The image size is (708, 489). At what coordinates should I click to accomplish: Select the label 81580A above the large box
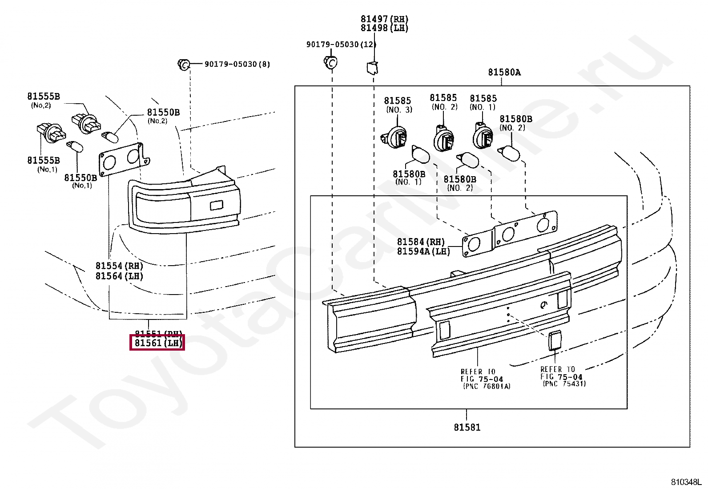point(504,72)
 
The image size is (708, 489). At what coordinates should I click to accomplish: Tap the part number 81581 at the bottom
point(467,427)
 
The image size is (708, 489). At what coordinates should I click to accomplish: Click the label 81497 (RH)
point(384,19)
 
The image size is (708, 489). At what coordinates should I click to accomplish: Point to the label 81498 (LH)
point(384,28)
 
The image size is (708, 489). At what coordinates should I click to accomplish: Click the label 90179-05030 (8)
point(237,64)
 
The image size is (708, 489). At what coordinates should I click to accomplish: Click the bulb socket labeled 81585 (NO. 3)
point(394,135)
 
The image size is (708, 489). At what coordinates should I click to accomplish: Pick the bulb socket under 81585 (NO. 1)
point(483,135)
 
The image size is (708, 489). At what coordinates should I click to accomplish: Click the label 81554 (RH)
point(119,266)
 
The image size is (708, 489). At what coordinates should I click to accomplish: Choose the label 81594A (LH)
point(423,251)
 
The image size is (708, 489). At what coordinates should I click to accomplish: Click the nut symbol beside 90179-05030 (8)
point(184,64)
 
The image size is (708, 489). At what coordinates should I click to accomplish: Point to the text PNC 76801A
point(487,386)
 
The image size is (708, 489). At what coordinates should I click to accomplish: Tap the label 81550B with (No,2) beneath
point(163,113)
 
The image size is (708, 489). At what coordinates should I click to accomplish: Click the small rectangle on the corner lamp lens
point(216,205)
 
